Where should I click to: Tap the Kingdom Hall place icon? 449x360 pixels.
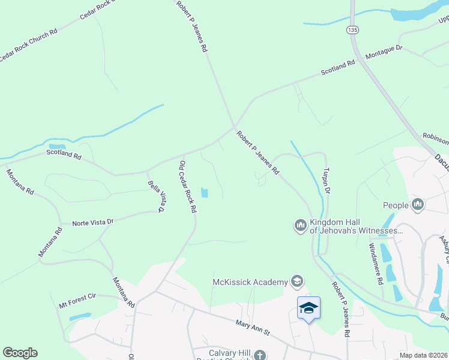coord(300,226)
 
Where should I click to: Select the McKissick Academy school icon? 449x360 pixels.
coord(296,281)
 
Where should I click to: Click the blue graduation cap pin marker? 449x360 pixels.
coord(309,308)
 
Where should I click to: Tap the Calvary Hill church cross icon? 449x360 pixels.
coord(259,355)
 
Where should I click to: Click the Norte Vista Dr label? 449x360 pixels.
coord(93,222)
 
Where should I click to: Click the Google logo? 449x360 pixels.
coord(20,353)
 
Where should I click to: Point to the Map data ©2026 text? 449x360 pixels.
coord(423,355)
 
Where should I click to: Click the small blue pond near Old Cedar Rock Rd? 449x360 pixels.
coord(205,193)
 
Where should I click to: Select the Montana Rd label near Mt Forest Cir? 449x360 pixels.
coord(123,292)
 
